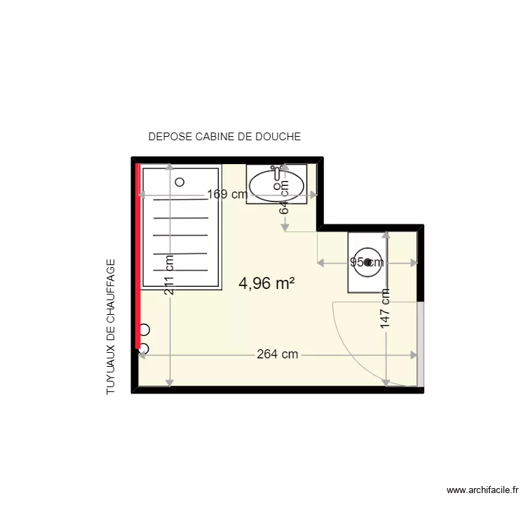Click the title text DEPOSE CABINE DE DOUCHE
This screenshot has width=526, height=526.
[x=224, y=137]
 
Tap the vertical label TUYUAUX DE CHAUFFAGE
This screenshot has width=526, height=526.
[x=112, y=327]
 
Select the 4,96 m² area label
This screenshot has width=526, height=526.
[x=267, y=283]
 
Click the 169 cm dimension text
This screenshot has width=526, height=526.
[x=227, y=195]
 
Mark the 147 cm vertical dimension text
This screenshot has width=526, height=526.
[x=385, y=309]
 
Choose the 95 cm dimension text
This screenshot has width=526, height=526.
[x=366, y=263]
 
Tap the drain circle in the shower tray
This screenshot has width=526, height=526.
[x=180, y=182]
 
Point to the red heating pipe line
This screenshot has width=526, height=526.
[x=138, y=256]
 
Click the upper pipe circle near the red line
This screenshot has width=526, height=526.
[x=145, y=329]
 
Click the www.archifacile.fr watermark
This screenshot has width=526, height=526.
[x=483, y=490]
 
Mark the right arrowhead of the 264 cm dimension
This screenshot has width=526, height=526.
[x=416, y=355]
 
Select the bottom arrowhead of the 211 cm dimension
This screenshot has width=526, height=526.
[x=170, y=382]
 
